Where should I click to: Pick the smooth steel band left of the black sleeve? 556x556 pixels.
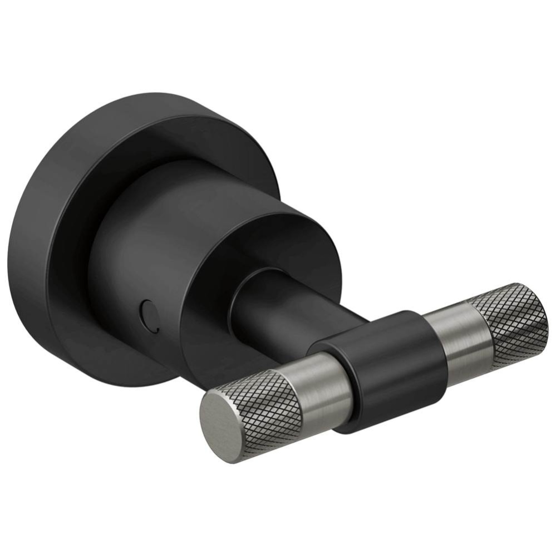pyautogui.click(x=328, y=389)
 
